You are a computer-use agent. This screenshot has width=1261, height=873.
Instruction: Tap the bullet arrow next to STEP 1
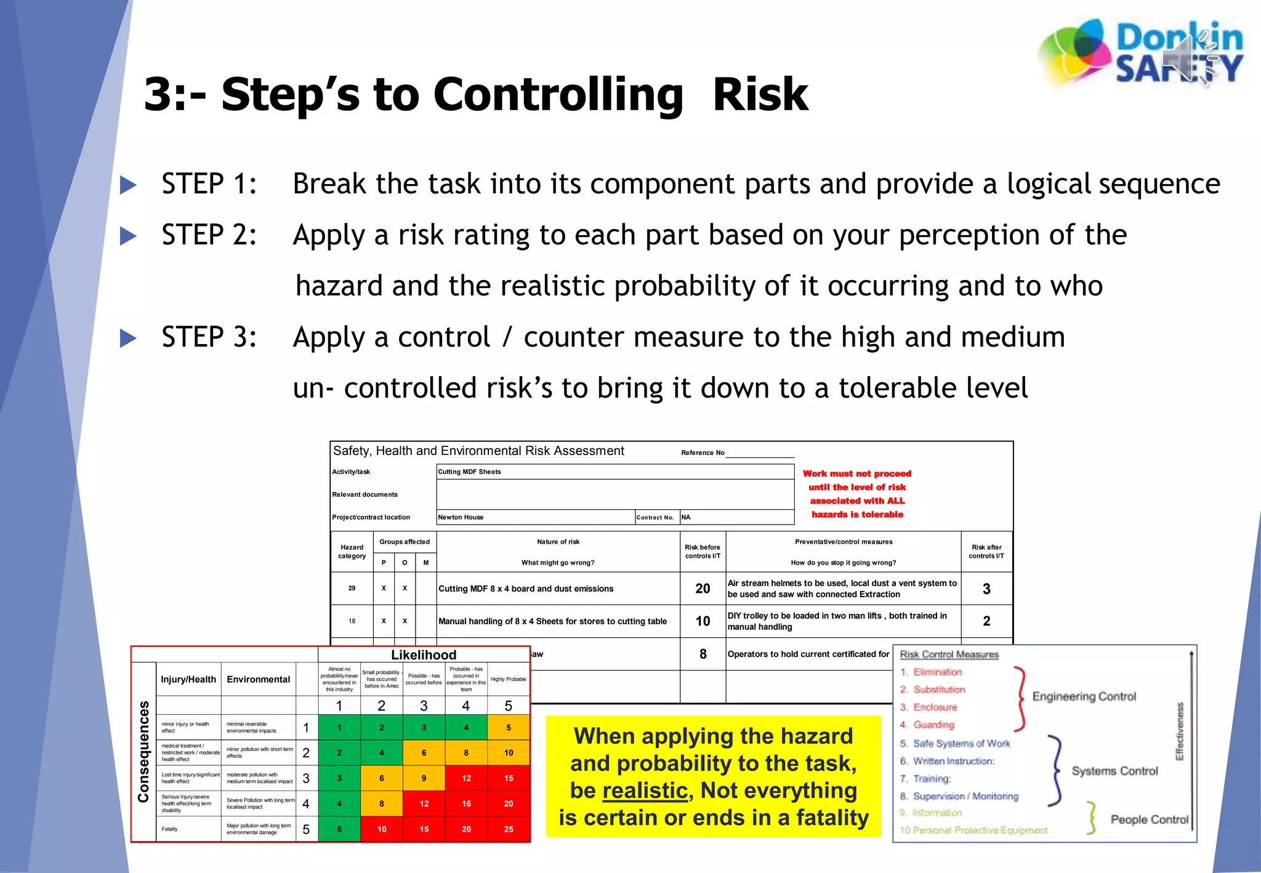point(128,185)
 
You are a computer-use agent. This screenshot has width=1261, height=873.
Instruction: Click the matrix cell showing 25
point(509,829)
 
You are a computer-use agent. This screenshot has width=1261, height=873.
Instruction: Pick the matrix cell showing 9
point(424,778)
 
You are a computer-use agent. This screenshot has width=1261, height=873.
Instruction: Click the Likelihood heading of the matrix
point(424,654)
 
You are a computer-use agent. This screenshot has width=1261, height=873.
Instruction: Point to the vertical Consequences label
point(143,752)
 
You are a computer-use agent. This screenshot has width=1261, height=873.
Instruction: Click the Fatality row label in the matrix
point(170,829)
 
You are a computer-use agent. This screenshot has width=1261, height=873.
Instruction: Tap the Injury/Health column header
point(188,679)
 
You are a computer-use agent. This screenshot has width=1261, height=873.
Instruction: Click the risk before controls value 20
point(703,589)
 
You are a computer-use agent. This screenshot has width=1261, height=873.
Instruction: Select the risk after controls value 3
point(986,589)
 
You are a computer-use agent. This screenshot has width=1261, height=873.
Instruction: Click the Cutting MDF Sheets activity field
point(470,472)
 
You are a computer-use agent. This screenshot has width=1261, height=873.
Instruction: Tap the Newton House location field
point(461,517)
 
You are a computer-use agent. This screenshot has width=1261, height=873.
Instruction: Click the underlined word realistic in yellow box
point(645,791)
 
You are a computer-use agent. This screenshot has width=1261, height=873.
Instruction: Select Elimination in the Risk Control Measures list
point(937,672)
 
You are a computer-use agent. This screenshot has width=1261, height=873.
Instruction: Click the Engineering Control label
point(1084,696)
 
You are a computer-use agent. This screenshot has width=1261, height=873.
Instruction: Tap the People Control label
point(1149,819)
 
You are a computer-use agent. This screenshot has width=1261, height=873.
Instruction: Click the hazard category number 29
point(352,588)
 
